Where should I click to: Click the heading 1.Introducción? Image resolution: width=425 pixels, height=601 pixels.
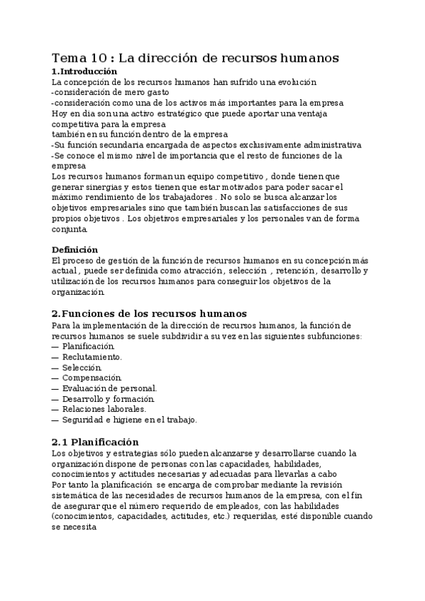pyautogui.click(x=84, y=72)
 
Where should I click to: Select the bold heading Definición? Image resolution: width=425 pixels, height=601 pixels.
pyautogui.click(x=75, y=249)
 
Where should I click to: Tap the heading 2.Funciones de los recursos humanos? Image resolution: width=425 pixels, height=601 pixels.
pyautogui.click(x=149, y=313)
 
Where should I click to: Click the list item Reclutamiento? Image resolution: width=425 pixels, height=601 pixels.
pyautogui.click(x=92, y=356)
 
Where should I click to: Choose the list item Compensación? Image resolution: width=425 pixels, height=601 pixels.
pyautogui.click(x=92, y=378)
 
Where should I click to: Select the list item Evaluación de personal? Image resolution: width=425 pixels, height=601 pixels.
pyautogui.click(x=109, y=388)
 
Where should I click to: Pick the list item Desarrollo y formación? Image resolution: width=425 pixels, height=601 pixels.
pyautogui.click(x=104, y=398)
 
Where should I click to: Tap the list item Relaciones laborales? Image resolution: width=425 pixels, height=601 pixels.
pyautogui.click(x=104, y=409)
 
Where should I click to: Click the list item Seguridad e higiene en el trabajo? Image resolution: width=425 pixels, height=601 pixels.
pyautogui.click(x=129, y=420)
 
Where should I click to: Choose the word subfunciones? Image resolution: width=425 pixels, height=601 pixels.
pyautogui.click(x=335, y=335)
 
